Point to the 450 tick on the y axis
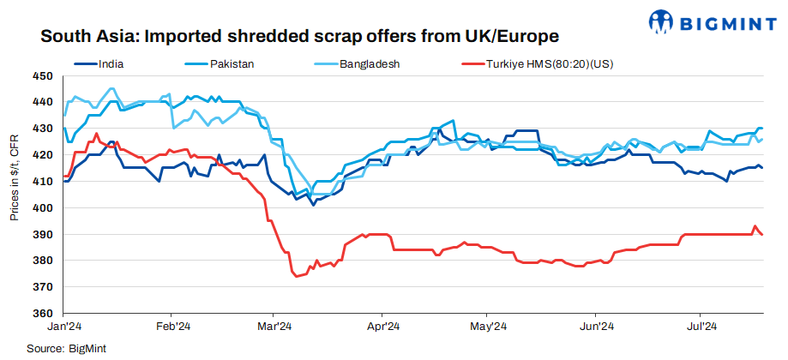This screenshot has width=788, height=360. click(x=43, y=76)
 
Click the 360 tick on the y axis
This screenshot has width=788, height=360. click(x=43, y=314)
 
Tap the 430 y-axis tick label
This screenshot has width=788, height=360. click(x=43, y=129)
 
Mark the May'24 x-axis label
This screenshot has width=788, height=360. click(x=488, y=327)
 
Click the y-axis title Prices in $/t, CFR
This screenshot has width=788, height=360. click(x=15, y=177)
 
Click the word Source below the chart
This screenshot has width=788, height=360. click(x=45, y=349)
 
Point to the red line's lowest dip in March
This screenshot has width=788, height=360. click(x=297, y=276)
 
